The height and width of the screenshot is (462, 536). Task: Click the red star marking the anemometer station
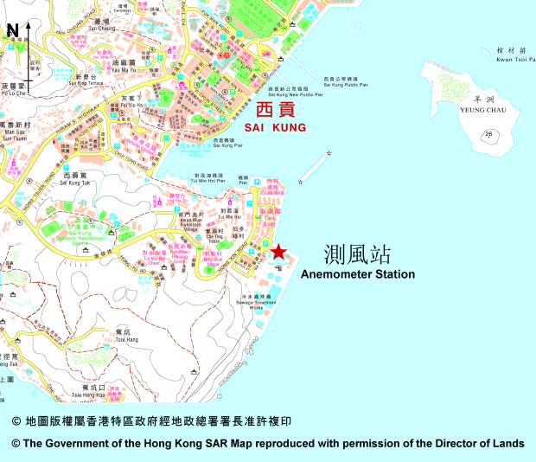[x=278, y=252]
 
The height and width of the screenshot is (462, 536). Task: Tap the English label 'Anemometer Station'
[x=357, y=274]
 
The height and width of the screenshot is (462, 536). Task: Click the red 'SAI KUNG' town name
[x=274, y=127]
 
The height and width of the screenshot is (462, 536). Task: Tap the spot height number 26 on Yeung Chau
[x=488, y=133]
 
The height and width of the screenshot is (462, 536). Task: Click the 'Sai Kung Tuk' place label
[x=76, y=183]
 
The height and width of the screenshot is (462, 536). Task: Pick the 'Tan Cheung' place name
[x=101, y=28]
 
